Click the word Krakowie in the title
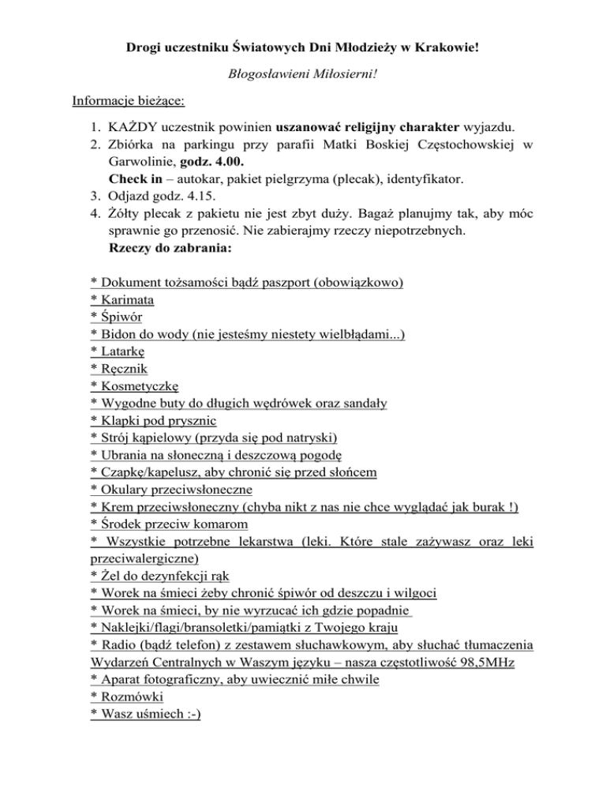click(443, 49)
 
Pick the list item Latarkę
click(122, 352)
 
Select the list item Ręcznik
click(123, 370)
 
